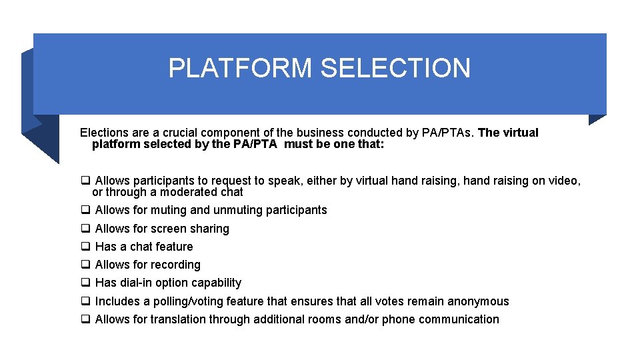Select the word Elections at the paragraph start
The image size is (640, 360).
[x=105, y=133]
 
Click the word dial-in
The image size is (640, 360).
[x=136, y=283]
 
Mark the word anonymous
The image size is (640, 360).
[x=477, y=301]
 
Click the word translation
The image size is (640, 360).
[x=178, y=319]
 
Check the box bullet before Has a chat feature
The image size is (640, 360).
[x=85, y=247]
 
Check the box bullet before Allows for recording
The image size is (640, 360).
[x=85, y=265]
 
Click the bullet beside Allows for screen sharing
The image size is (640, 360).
[x=85, y=229]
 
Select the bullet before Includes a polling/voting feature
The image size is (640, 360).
[x=85, y=301]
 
